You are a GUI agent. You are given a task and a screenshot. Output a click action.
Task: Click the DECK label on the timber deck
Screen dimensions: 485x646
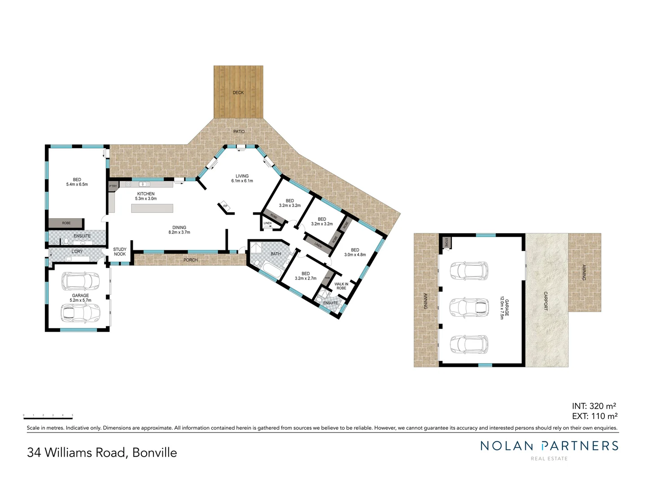coord(238,93)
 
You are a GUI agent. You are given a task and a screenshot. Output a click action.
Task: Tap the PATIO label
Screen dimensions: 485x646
coord(239,132)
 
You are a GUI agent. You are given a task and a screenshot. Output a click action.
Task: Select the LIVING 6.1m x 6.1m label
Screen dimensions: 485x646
coord(242,178)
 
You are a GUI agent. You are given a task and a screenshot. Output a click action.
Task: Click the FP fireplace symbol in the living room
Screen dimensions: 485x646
coord(225,207)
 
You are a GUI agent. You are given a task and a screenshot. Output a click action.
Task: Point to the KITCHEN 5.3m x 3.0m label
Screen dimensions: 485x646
coord(146,196)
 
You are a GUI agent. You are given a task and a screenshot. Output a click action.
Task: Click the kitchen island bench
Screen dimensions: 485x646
coord(152,208)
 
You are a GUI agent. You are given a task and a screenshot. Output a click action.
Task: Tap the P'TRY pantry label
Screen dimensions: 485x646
coord(113,186)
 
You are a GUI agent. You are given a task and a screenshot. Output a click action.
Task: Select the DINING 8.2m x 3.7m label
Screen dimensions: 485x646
coord(179,230)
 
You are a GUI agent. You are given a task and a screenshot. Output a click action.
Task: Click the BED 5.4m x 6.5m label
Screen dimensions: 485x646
coord(77,182)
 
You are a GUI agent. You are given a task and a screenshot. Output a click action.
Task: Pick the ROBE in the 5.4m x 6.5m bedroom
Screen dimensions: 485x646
coord(66,223)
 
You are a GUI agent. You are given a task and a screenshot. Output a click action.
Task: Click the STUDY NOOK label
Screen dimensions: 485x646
coord(120,251)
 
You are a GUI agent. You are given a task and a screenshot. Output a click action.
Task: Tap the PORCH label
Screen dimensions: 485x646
coord(191,260)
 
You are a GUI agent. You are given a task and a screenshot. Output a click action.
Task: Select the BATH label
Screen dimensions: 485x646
coord(275,254)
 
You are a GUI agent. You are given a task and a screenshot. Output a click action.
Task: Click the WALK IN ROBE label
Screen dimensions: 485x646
coord(341,286)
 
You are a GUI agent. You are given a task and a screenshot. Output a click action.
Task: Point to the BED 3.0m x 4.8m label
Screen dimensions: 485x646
coord(355,252)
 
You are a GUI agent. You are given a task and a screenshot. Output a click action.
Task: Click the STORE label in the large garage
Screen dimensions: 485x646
coord(446,242)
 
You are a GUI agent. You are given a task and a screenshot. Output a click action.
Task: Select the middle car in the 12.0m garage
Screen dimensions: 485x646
coord(469,307)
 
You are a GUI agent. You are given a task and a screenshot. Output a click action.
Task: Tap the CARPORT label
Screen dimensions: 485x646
coord(546,301)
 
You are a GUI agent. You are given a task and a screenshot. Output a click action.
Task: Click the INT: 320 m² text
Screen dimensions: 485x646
coord(594,406)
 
